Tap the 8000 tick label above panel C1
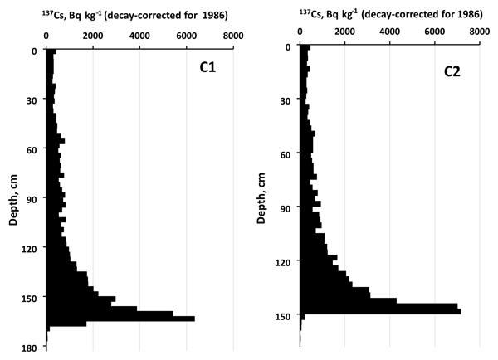tap(232, 36)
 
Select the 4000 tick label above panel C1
tap(139, 36)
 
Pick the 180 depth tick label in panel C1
tap(27, 348)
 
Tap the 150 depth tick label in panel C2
tap(281, 316)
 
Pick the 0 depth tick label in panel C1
tap(33, 50)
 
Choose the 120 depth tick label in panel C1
tap(27, 249)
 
